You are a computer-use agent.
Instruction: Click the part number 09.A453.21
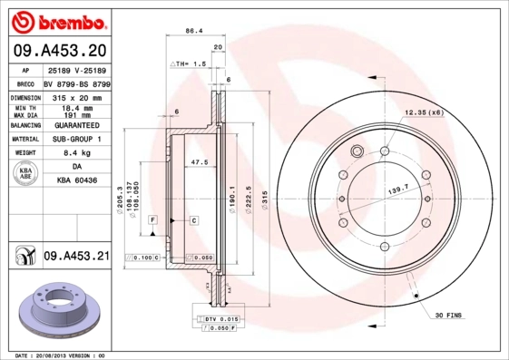click(x=76, y=257)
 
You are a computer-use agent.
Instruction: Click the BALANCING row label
click(x=24, y=125)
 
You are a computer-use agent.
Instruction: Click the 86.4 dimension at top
click(x=193, y=31)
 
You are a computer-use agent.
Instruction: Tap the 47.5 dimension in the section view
click(x=199, y=162)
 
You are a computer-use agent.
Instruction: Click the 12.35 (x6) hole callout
click(x=422, y=112)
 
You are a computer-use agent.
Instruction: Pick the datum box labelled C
click(x=193, y=220)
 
